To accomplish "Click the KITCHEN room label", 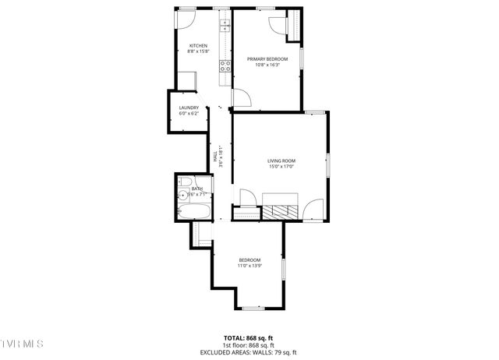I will pyautogui.click(x=197, y=46).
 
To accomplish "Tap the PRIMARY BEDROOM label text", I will pyautogui.click(x=267, y=59).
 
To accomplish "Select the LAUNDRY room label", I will pyautogui.click(x=189, y=108).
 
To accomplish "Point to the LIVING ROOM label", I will pyautogui.click(x=281, y=161).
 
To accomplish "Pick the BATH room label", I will pyautogui.click(x=196, y=188).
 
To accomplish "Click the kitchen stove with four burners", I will pyautogui.click(x=226, y=66).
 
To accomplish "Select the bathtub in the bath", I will pyautogui.click(x=191, y=211).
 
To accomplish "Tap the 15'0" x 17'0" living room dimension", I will pyautogui.click(x=281, y=167).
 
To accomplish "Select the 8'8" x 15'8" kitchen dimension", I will pyautogui.click(x=197, y=52).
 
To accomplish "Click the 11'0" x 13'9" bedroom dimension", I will pyautogui.click(x=249, y=266).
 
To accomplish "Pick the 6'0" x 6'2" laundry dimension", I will pyautogui.click(x=189, y=114).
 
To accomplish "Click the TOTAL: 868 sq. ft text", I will pyautogui.click(x=249, y=338).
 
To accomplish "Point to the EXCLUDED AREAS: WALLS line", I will pyautogui.click(x=249, y=351).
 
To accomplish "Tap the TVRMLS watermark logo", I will pyautogui.click(x=22, y=344).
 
